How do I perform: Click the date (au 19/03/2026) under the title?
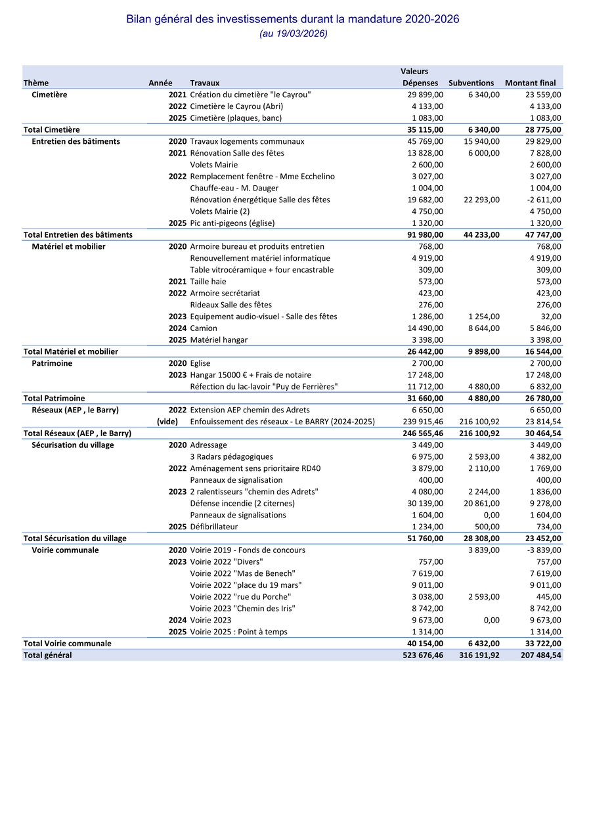pos(293,33)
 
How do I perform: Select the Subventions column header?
pos(471,83)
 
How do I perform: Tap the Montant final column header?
pos(530,83)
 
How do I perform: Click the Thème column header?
pos(36,83)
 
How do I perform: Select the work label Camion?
pos(204,328)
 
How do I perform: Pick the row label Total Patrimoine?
pos(54,399)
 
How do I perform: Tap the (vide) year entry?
pos(167,422)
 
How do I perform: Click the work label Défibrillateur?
pos(214,527)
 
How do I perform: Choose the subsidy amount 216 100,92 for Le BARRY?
pos(477,422)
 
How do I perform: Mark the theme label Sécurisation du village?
pos(73,445)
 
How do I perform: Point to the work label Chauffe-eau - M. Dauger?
pos(234,188)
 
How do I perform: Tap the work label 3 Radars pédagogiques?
pos(231,457)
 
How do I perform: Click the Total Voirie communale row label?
pos(67,644)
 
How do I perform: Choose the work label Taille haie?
pos(208,282)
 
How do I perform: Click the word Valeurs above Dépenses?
pos(414,72)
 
